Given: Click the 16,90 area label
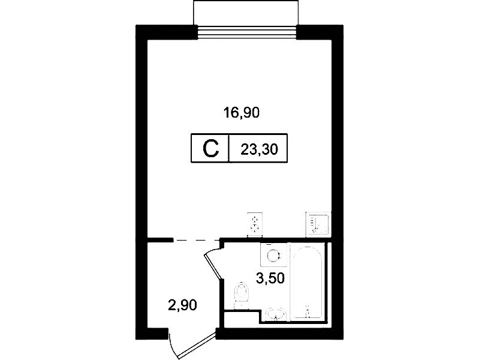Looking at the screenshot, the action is click(x=242, y=113).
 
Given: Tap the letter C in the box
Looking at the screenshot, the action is click(x=211, y=149).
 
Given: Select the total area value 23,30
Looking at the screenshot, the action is click(x=260, y=150).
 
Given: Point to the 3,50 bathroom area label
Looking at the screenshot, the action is click(x=270, y=278).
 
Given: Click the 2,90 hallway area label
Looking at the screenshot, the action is click(x=182, y=305).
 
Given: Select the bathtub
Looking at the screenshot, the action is click(x=308, y=283).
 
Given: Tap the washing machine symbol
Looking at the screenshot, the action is click(x=274, y=255).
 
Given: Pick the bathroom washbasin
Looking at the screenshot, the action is click(x=276, y=315).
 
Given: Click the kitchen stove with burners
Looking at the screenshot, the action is click(x=255, y=224).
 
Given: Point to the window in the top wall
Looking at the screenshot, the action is click(x=247, y=32).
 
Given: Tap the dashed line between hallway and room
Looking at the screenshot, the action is click(x=196, y=240).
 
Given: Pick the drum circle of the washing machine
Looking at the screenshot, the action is click(x=273, y=255).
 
